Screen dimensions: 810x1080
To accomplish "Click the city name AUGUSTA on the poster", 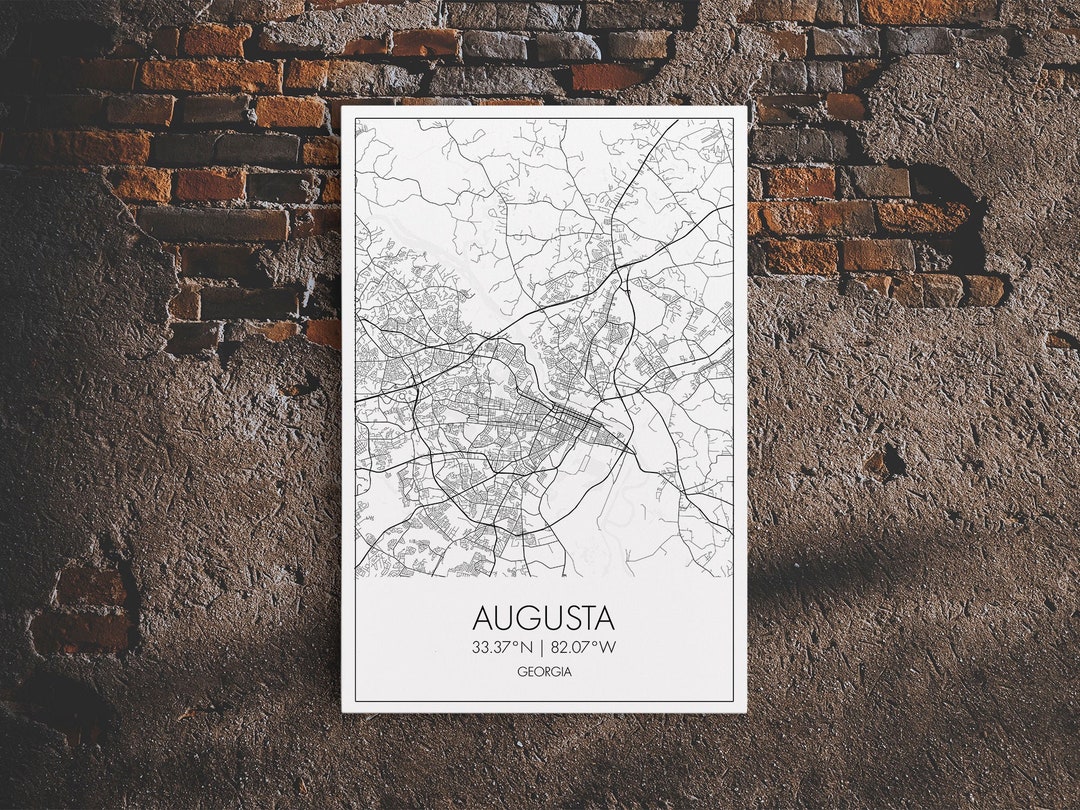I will coord(543,617).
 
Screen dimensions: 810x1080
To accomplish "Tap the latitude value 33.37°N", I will coord(503,647).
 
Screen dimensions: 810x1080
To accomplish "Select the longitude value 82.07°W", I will coord(583,647).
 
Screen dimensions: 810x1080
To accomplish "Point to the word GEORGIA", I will coord(544,672).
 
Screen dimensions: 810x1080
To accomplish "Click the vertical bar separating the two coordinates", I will coord(541,647).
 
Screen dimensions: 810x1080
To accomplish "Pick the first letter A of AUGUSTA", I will coord(484,617).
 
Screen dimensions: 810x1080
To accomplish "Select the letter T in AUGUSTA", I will coord(586,617).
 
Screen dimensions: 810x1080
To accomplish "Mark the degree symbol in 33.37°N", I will coord(515,643).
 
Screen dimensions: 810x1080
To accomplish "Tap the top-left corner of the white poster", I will coord(343,107).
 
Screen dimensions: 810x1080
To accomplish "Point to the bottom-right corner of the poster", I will coord(746,711).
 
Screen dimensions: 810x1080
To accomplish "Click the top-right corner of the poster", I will coord(747,107).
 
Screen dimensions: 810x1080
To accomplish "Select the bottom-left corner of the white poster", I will coord(343,711).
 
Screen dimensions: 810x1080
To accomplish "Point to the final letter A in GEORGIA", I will coord(568,672).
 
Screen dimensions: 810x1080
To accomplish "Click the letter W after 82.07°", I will coord(608,647).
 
